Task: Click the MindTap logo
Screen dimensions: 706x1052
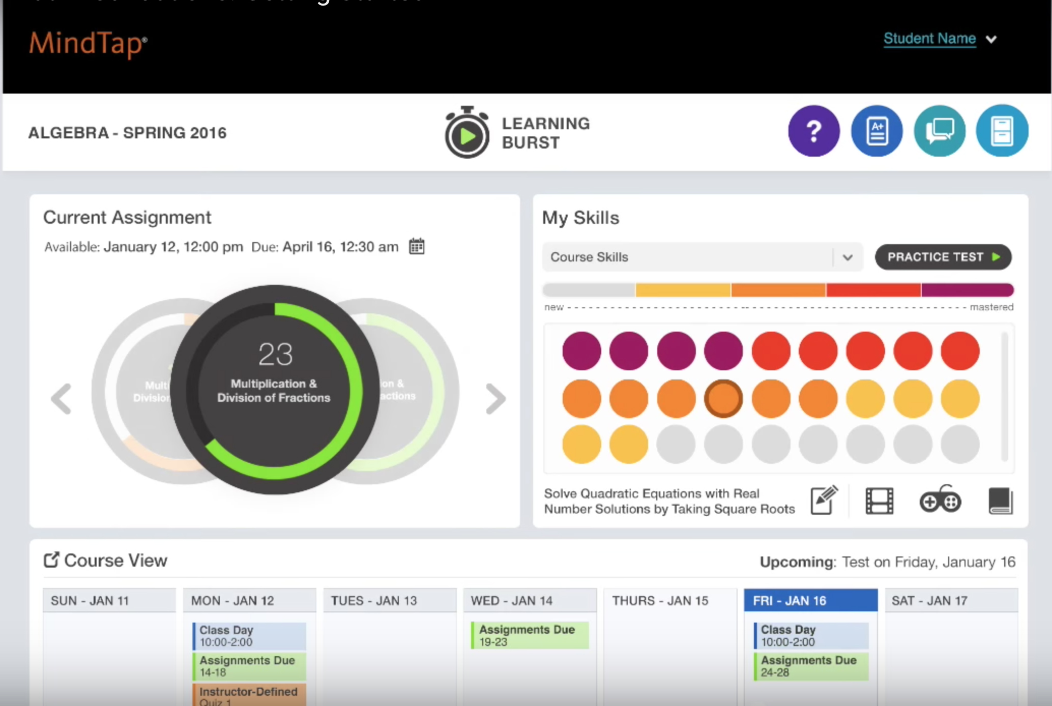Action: tap(88, 44)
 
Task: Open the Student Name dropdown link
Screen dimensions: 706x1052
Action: tap(929, 39)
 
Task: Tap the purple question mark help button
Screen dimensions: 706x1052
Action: tap(813, 131)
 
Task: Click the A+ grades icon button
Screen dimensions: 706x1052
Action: tap(876, 131)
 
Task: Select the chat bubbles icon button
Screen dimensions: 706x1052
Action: tap(939, 131)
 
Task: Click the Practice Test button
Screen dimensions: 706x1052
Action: tap(943, 257)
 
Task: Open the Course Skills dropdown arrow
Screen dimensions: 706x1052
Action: tap(848, 257)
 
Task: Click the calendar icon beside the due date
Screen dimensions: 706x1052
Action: tap(417, 247)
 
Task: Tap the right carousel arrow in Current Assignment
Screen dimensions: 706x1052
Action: tap(495, 398)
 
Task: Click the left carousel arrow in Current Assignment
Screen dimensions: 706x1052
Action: tap(62, 398)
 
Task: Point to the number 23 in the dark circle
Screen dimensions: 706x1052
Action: tap(275, 354)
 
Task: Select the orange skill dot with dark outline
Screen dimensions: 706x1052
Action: tap(723, 398)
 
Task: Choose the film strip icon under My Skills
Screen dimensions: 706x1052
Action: tap(879, 501)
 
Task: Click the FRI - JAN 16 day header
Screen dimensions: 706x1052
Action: tap(810, 601)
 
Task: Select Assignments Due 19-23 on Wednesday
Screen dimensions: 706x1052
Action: tap(530, 635)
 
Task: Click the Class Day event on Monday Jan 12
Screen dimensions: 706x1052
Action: tap(250, 636)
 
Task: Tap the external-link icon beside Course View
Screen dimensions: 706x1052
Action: tap(51, 560)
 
